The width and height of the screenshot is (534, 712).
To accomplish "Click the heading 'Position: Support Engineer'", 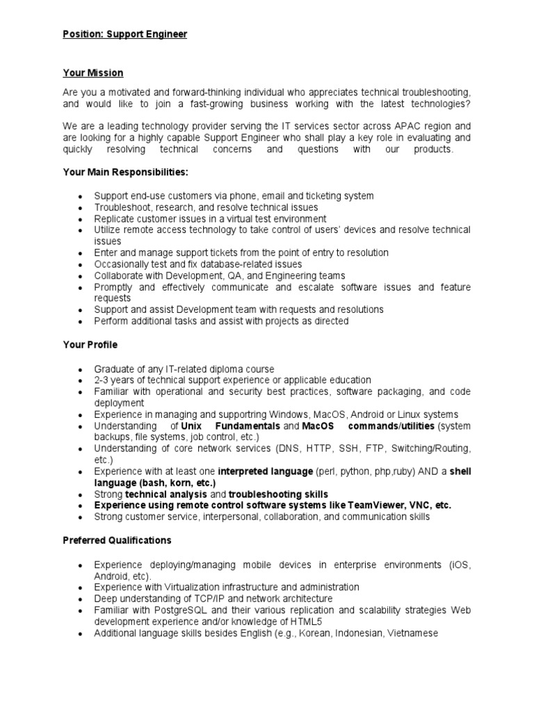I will tap(124, 34).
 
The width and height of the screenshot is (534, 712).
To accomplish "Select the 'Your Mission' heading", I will tap(92, 73).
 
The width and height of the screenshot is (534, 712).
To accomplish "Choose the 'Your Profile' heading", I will tap(90, 345).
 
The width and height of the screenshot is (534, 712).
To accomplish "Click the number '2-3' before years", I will tap(102, 380).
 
